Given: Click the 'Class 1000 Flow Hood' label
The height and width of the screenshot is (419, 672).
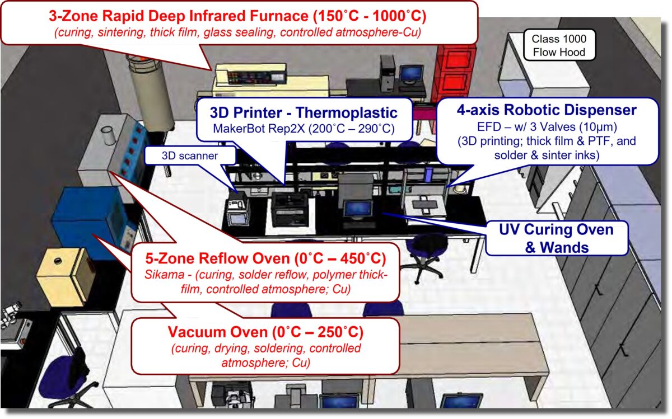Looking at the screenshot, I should (x=558, y=45).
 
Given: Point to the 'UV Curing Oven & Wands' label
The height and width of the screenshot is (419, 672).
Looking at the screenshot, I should (x=557, y=238).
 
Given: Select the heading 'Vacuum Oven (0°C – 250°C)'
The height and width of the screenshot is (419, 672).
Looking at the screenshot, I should (x=265, y=332).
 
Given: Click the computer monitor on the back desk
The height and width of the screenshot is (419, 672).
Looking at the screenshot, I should (x=411, y=73).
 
